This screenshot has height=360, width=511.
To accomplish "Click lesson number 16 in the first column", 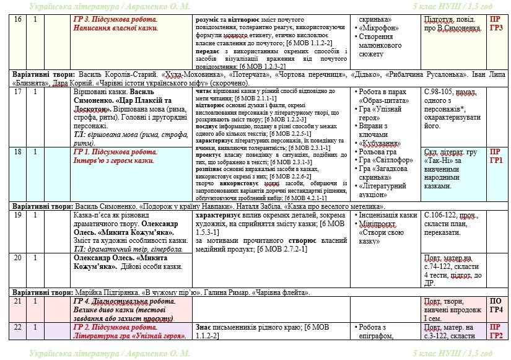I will (x=17, y=20).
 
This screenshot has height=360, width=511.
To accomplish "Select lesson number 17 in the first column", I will (x=17, y=91).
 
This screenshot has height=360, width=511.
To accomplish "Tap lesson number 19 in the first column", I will (x=17, y=214).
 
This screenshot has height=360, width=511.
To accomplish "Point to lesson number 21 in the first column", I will (x=17, y=301).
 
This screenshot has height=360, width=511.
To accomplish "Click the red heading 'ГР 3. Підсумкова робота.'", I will (x=115, y=20).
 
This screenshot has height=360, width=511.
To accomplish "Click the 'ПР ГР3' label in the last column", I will (x=496, y=24).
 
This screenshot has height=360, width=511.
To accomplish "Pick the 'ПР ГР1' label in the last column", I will (x=496, y=156).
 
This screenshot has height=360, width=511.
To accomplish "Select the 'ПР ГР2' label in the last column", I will (x=496, y=331).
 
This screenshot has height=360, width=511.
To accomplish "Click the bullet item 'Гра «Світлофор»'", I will (x=383, y=159).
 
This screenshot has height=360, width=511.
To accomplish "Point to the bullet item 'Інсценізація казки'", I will (x=388, y=215).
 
